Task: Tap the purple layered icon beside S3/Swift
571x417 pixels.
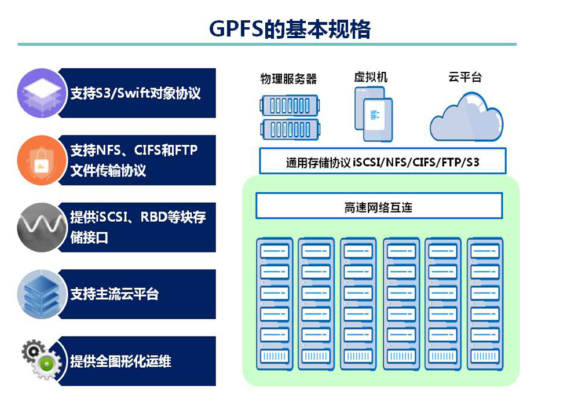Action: [x=39, y=93]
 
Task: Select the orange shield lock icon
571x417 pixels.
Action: [x=39, y=160]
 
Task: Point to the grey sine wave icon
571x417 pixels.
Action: [x=39, y=227]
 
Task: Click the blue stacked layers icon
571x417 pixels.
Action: [x=39, y=294]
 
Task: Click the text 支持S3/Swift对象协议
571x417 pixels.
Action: [x=136, y=93]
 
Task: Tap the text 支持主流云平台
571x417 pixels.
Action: [x=115, y=294]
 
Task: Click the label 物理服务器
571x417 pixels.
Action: [x=288, y=79]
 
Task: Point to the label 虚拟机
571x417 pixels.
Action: [x=371, y=77]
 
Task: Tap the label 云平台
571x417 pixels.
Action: [x=465, y=77]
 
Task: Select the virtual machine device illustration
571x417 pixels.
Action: [x=373, y=114]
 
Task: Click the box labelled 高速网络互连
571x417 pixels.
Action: [x=379, y=207]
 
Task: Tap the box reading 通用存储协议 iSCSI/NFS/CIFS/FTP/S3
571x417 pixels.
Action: [x=382, y=162]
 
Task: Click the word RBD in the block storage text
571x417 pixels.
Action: [x=152, y=218]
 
